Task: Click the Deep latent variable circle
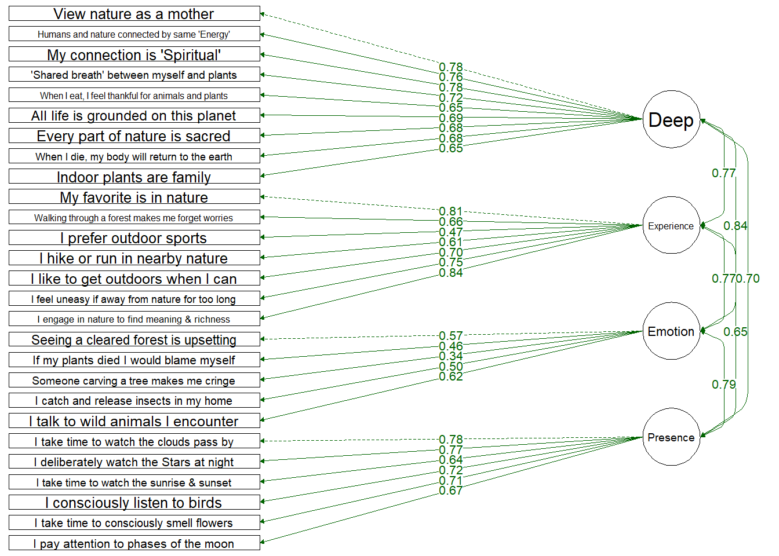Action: pos(671,119)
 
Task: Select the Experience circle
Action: pos(671,225)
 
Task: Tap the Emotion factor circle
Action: pos(671,331)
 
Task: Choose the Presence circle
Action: pos(671,437)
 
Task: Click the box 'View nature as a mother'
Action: pos(134,14)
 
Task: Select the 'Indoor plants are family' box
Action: pos(134,177)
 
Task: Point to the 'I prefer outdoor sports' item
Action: pos(134,238)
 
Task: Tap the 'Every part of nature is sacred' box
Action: pos(134,136)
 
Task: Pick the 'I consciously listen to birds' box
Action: pos(134,503)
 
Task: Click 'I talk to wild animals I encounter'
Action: pos(134,421)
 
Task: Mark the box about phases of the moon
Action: pos(134,543)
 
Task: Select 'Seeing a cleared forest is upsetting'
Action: pos(134,339)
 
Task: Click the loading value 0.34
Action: pos(451,356)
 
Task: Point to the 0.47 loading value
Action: pos(451,232)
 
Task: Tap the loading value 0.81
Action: pos(451,211)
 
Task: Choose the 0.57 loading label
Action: pos(451,336)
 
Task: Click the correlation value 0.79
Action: pos(724,385)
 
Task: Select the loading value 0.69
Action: pos(451,118)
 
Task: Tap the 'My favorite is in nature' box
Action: pos(134,197)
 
